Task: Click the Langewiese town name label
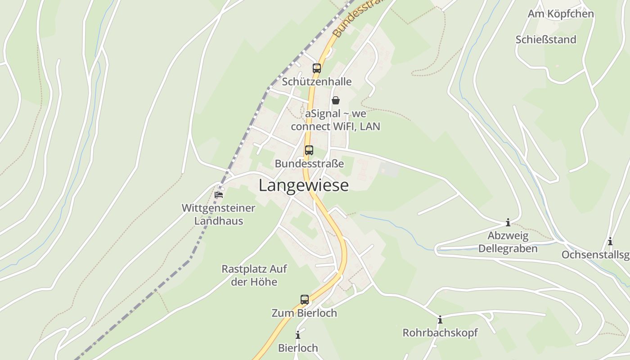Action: [x=304, y=185]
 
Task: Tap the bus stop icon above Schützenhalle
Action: [x=317, y=68]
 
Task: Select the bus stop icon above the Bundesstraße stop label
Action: [x=309, y=150]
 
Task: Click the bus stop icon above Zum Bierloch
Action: [x=305, y=299]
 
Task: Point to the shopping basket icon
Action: [x=336, y=100]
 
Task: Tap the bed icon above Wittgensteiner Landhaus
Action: [x=219, y=194]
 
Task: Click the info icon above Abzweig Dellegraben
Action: [x=508, y=222]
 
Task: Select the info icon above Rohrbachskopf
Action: [x=440, y=320]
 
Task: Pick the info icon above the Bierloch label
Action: [x=298, y=335]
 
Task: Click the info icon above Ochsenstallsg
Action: [x=610, y=242]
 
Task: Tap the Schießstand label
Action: [x=546, y=40]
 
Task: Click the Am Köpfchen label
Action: [x=561, y=14]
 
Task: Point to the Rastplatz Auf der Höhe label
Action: [x=254, y=275]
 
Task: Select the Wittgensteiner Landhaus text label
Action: [x=219, y=215]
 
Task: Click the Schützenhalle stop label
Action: [x=317, y=82]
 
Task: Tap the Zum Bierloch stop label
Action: [x=304, y=313]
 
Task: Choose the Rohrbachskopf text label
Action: [x=440, y=333]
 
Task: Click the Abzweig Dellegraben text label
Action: [x=508, y=242]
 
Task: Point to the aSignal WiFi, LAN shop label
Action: [x=336, y=120]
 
